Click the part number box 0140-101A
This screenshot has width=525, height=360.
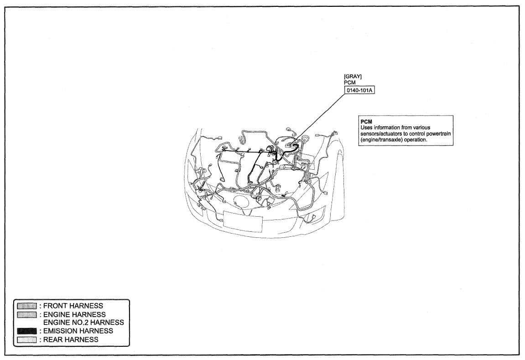(x=359, y=90)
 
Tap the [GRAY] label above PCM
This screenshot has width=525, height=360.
(x=353, y=77)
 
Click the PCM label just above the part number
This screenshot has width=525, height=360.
(x=349, y=83)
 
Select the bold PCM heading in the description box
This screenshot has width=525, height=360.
(x=367, y=122)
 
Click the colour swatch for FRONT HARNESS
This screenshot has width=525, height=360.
(x=27, y=306)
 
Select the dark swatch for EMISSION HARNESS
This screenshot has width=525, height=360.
(x=27, y=331)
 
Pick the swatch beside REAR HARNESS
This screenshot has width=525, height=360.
(x=27, y=339)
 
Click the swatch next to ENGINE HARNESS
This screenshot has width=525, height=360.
(x=27, y=314)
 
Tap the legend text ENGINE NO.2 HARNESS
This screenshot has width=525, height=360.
(x=84, y=323)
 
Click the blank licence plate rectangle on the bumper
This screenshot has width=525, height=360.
(x=242, y=221)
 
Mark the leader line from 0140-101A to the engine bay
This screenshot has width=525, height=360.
(x=318, y=119)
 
